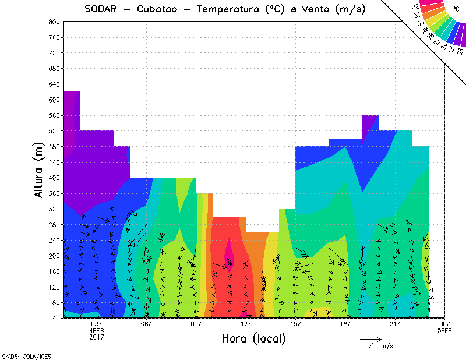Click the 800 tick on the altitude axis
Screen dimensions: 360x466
(54, 22)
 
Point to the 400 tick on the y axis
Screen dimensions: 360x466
(54, 178)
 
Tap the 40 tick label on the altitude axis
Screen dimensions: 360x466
(55, 318)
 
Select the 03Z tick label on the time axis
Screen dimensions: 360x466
(97, 324)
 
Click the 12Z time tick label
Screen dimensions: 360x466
(246, 324)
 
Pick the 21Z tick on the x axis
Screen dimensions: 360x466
(395, 324)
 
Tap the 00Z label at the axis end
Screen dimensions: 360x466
(445, 324)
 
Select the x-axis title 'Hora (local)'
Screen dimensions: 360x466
(253, 338)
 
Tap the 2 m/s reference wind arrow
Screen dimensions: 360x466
(370, 338)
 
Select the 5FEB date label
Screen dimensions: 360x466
(445, 331)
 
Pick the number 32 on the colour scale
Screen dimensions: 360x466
(416, 7)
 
